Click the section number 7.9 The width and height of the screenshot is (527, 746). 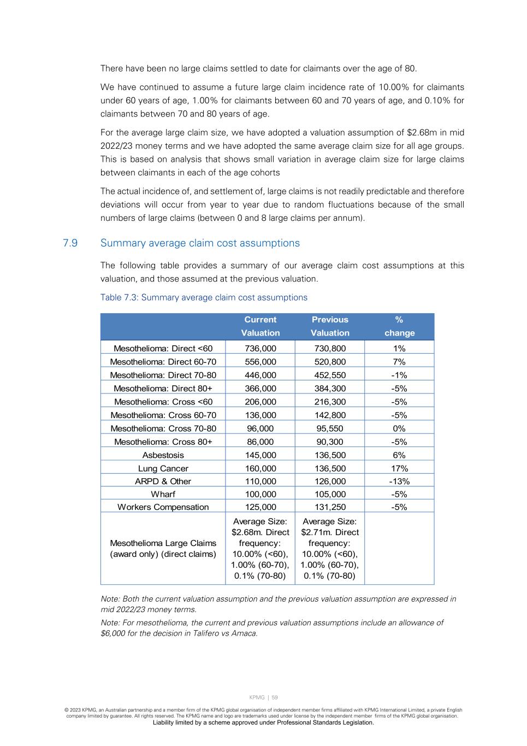(x=70, y=243)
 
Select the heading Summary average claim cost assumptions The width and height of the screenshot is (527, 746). (x=200, y=243)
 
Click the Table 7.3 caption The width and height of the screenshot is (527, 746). (x=204, y=297)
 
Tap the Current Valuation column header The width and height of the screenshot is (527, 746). (x=260, y=326)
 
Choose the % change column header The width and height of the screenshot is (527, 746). (x=399, y=326)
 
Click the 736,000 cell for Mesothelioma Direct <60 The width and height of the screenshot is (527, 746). (x=260, y=349)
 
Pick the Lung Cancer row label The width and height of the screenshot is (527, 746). (x=163, y=468)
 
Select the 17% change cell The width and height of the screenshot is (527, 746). (x=399, y=468)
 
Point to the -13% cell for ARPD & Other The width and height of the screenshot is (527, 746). (x=399, y=481)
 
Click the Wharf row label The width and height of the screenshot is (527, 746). (x=163, y=495)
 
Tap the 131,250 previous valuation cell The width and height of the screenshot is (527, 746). (x=330, y=507)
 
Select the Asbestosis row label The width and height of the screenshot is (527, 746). (x=163, y=455)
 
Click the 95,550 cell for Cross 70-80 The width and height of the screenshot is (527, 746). (x=330, y=428)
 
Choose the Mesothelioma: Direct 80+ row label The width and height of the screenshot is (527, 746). (x=163, y=389)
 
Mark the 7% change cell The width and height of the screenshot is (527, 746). (x=399, y=362)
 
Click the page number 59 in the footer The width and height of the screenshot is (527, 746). (x=275, y=697)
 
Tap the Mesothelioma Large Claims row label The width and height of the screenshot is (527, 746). (x=163, y=549)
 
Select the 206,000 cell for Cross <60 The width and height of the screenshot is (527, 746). (x=260, y=402)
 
